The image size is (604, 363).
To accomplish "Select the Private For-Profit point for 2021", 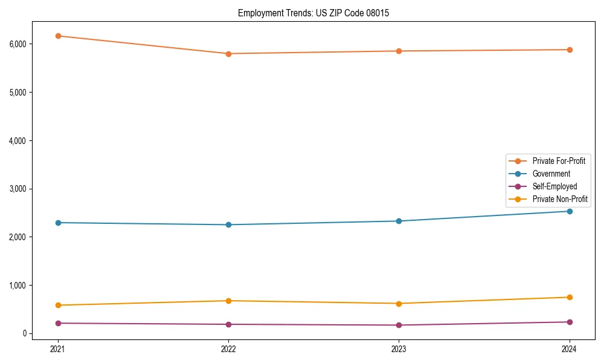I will [58, 36].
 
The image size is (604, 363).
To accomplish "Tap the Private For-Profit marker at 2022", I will [228, 54].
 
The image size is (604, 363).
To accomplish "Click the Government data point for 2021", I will [58, 223].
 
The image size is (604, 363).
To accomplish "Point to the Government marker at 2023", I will [399, 221].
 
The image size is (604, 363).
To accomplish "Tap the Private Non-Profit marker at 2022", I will [228, 301].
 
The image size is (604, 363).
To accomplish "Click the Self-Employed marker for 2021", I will [58, 323].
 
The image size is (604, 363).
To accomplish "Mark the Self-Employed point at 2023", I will [399, 325].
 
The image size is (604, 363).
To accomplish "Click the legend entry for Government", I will [551, 174].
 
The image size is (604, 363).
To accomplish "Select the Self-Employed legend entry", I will [554, 186].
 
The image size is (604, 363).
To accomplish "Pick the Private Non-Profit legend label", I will [560, 199].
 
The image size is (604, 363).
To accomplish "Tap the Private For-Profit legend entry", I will [559, 161].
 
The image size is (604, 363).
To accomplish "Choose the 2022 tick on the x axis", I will [228, 348].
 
